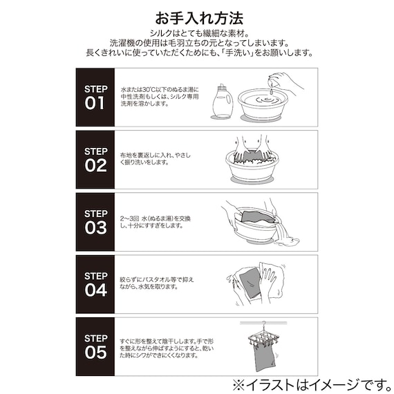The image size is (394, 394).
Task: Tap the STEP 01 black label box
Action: tap(95, 97)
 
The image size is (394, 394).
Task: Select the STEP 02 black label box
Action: tap(95, 160)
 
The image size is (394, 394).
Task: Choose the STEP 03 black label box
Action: tap(95, 222)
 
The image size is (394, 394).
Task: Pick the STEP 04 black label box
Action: tap(95, 284)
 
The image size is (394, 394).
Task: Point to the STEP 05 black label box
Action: tap(95, 346)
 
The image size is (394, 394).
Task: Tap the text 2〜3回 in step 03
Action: tap(130, 218)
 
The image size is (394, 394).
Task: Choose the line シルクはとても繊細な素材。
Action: tap(196, 32)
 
